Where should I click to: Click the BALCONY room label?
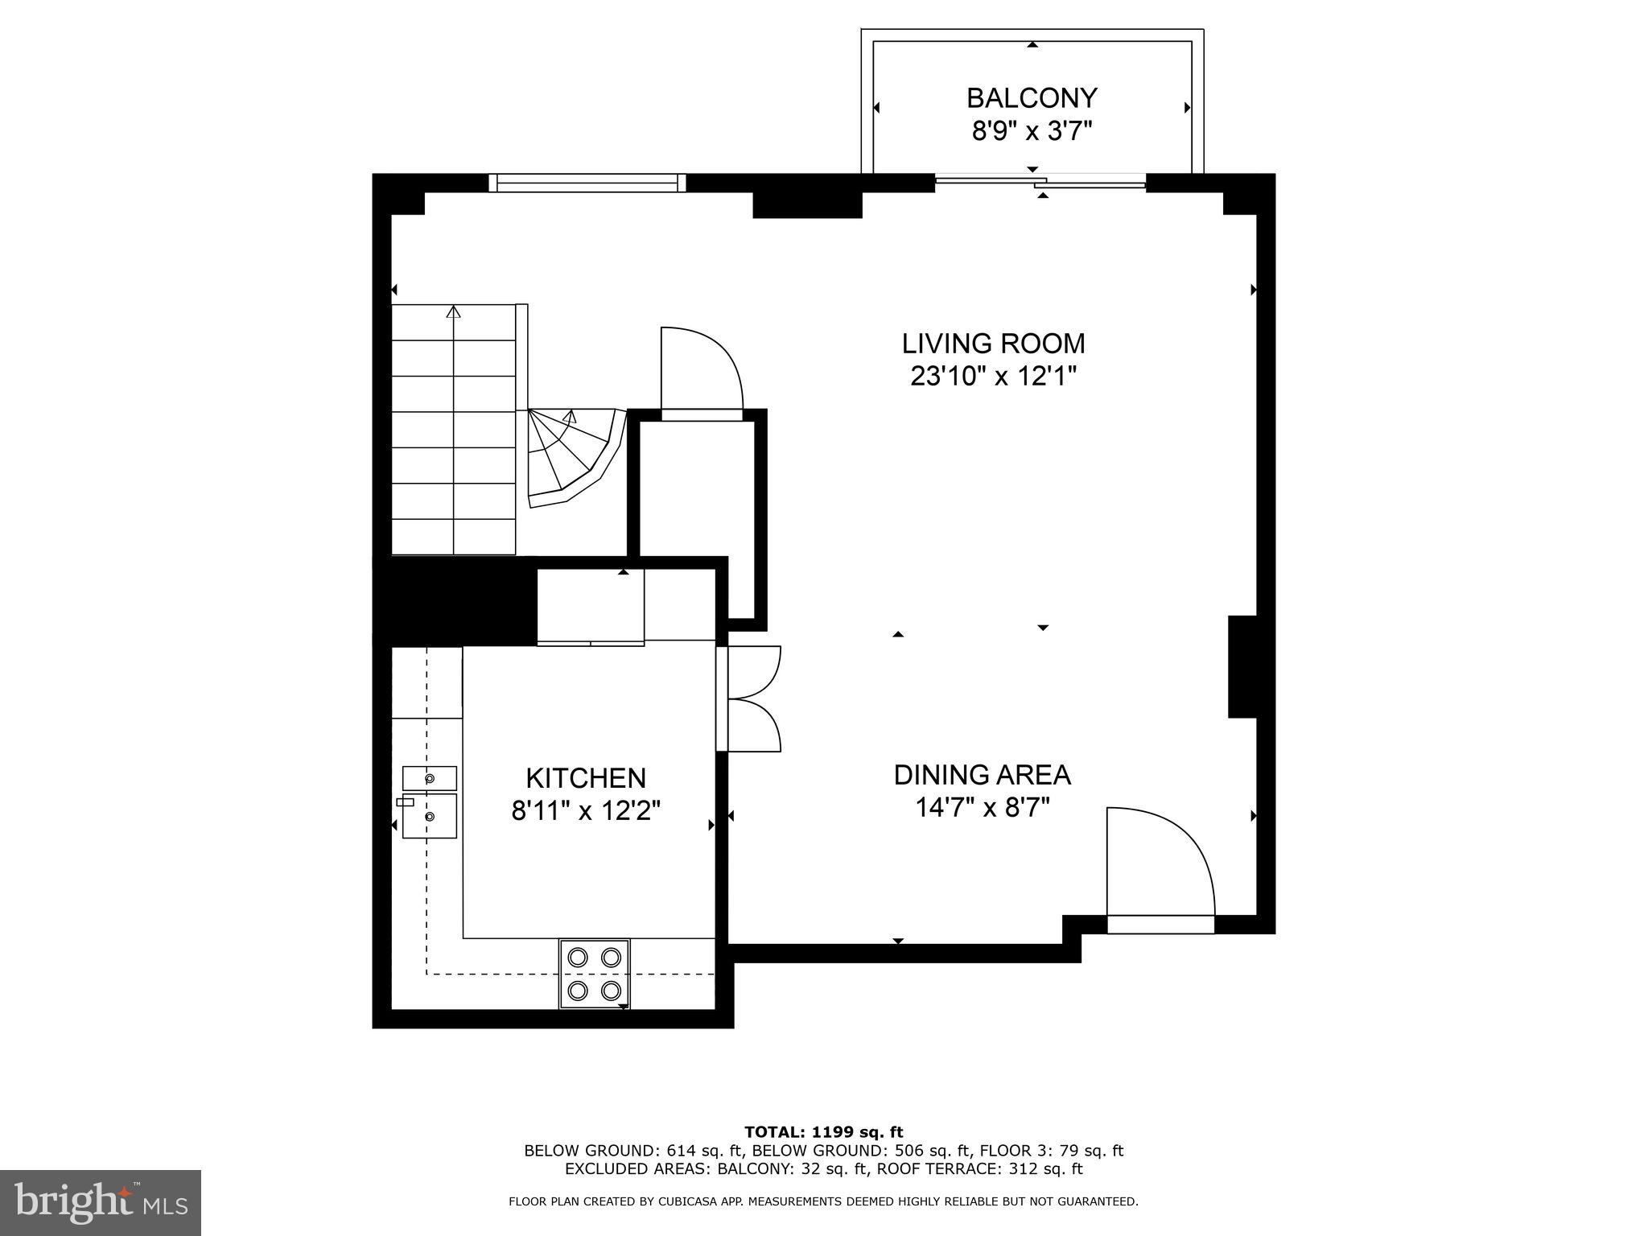[1032, 98]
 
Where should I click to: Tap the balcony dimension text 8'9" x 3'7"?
[1032, 130]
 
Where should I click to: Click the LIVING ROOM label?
[993, 344]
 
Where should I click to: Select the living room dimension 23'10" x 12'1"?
[993, 376]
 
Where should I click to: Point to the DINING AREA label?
[982, 775]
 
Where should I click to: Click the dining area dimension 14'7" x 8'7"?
[982, 807]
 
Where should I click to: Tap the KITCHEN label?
[586, 778]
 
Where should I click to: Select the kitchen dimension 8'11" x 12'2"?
[586, 810]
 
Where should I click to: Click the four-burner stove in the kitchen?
[595, 973]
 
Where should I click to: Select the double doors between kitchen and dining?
[752, 698]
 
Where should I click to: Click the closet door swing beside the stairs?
[698, 370]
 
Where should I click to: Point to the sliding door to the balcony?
[1040, 182]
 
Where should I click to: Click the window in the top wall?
[587, 183]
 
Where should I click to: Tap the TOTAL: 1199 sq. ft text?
[823, 1132]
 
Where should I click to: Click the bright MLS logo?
[101, 1202]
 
